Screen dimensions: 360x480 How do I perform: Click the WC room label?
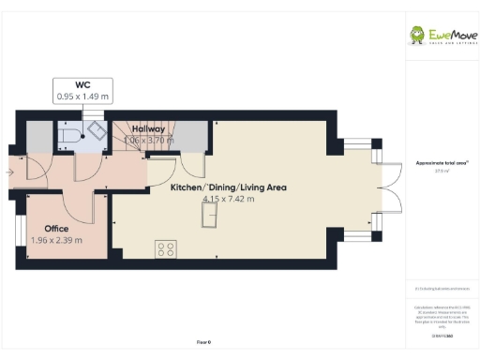coord(82,83)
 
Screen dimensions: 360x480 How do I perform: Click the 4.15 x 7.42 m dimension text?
coord(227,199)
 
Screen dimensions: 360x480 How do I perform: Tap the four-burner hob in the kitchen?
coord(165,249)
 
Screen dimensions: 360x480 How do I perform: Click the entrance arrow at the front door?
coord(9,172)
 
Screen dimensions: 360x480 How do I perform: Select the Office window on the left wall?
coord(17,230)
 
